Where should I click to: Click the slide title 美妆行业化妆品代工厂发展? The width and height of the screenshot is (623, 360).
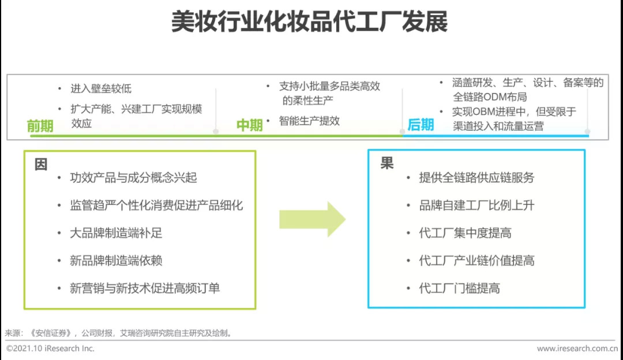click(310, 22)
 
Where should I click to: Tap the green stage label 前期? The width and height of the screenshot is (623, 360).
click(40, 125)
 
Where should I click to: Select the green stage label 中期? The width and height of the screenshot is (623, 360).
click(250, 125)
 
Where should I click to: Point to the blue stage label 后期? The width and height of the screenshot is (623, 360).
click(421, 124)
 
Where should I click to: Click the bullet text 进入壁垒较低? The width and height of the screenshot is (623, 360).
click(101, 88)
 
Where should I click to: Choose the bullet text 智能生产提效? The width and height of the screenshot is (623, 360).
click(310, 121)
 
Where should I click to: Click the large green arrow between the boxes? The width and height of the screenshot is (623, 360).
click(312, 219)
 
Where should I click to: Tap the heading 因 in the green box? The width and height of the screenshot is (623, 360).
click(41, 164)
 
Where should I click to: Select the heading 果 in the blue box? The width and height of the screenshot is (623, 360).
click(386, 164)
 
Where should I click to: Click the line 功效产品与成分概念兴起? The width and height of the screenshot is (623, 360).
click(133, 178)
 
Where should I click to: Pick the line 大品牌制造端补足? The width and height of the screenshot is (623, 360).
click(116, 233)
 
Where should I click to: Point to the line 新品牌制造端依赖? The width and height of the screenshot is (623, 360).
click(116, 261)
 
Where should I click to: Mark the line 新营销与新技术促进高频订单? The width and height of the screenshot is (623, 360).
click(145, 288)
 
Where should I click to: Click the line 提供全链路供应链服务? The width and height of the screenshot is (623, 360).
click(476, 178)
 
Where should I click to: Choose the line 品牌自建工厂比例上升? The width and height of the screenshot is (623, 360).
click(476, 205)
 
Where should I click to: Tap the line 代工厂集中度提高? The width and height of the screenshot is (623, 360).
click(465, 233)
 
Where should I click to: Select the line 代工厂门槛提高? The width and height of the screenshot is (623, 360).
click(459, 288)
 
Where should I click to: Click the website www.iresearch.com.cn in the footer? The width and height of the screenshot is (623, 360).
click(577, 348)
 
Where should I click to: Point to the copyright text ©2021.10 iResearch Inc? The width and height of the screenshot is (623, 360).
click(50, 348)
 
